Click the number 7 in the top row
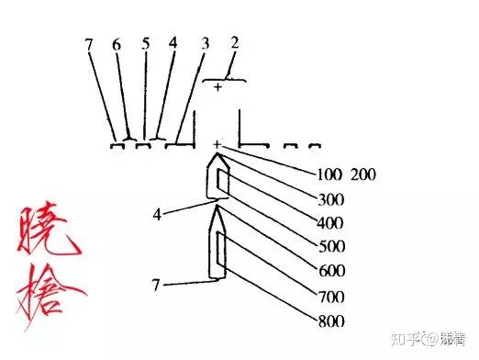90,45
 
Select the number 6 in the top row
117,45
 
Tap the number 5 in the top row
145,45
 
